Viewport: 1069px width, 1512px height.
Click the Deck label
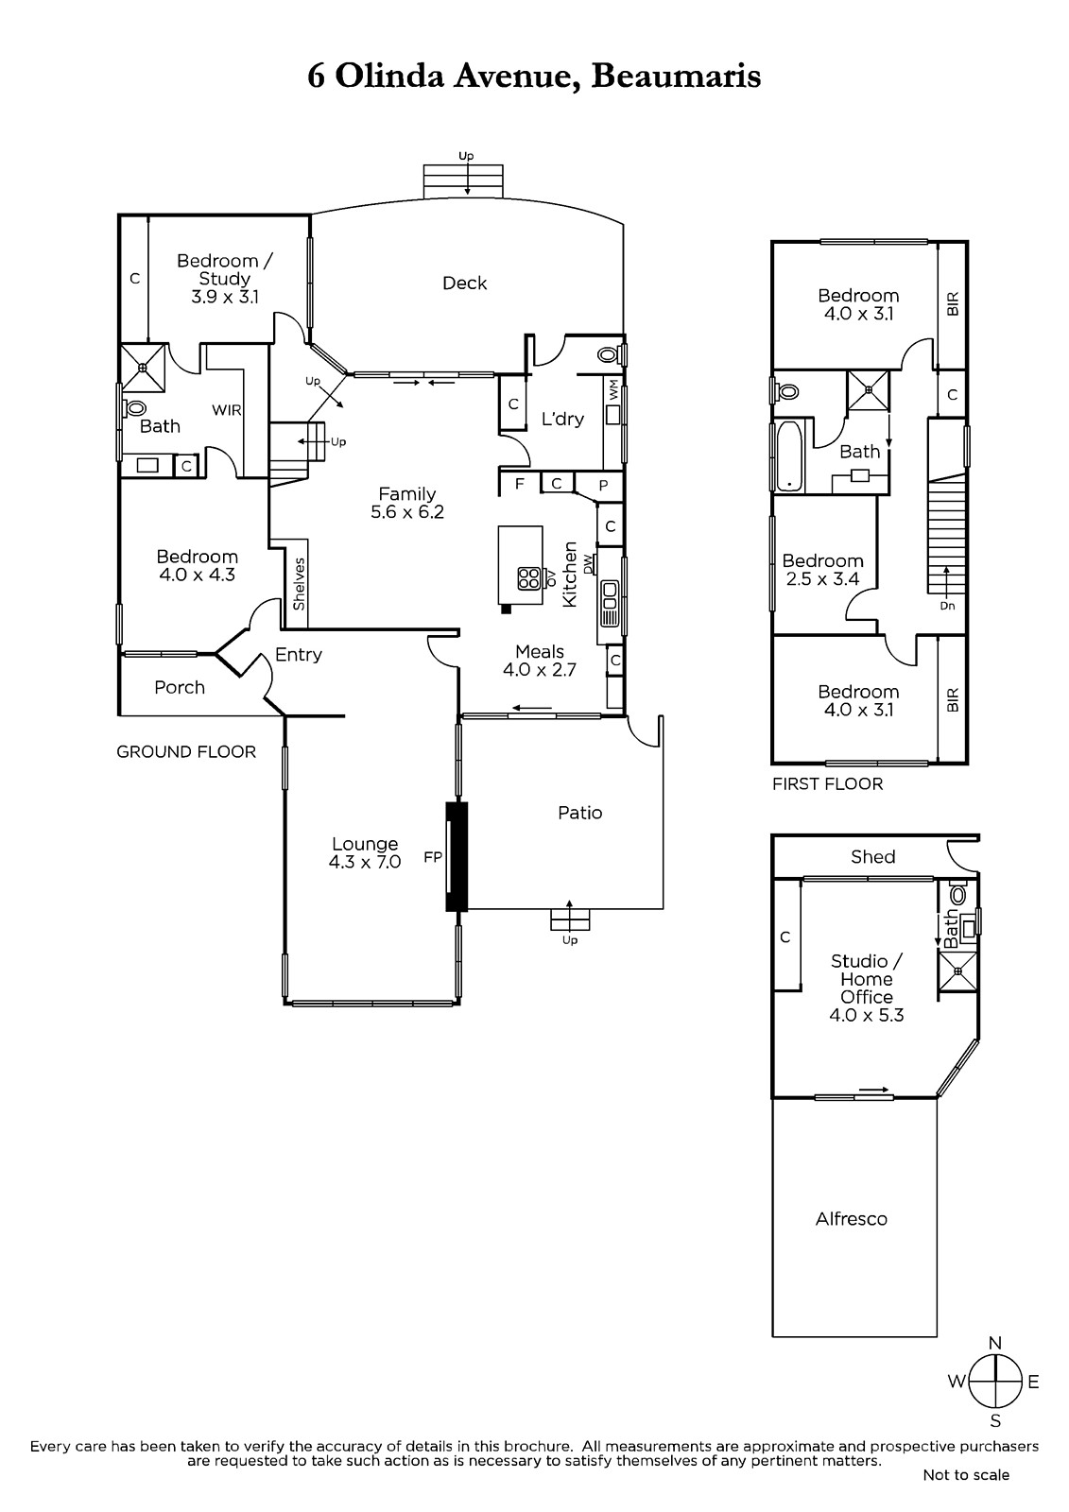click(x=465, y=283)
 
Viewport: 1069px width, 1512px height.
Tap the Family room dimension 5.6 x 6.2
click(x=407, y=511)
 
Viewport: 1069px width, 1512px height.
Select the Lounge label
click(x=365, y=844)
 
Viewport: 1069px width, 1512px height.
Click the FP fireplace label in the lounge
click(x=433, y=856)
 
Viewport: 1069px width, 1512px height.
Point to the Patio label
click(x=580, y=813)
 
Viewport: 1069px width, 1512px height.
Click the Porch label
click(x=180, y=687)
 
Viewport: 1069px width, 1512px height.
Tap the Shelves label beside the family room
click(x=300, y=584)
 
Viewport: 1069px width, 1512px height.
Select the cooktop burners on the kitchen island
click(x=528, y=578)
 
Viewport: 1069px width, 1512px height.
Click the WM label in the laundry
click(x=613, y=391)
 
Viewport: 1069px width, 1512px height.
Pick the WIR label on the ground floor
click(x=227, y=410)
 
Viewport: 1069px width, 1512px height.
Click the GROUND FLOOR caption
click(x=186, y=752)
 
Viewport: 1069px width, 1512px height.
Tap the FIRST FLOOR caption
click(x=827, y=783)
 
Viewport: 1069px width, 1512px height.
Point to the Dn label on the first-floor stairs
click(x=947, y=606)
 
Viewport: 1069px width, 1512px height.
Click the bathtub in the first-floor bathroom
click(x=788, y=456)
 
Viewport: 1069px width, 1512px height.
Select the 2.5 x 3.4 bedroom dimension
click(x=822, y=578)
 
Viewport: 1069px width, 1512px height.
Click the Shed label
click(x=872, y=856)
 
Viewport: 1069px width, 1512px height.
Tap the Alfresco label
click(x=851, y=1218)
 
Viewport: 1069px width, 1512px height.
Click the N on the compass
click(x=995, y=1343)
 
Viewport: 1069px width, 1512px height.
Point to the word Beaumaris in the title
click(x=676, y=76)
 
